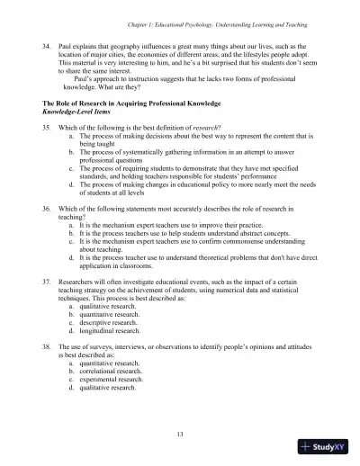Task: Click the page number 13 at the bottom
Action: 180,435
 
